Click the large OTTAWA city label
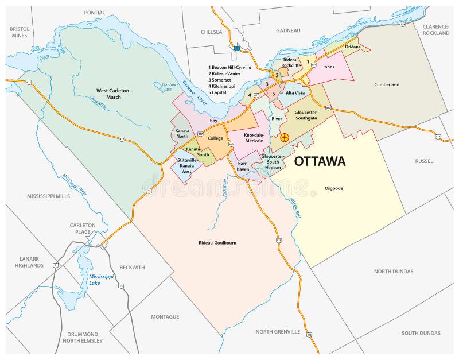pos(320,161)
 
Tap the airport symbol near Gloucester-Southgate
pos(284,138)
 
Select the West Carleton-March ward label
pos(114,94)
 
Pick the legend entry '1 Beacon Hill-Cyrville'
pos(230,67)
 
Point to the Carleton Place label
pos(83,228)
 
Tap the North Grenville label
pos(278,331)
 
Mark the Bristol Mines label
pos(20,32)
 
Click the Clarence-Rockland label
pos(435,30)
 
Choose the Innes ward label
pos(329,67)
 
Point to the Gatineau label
pos(288,30)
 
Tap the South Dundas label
pos(421,333)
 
